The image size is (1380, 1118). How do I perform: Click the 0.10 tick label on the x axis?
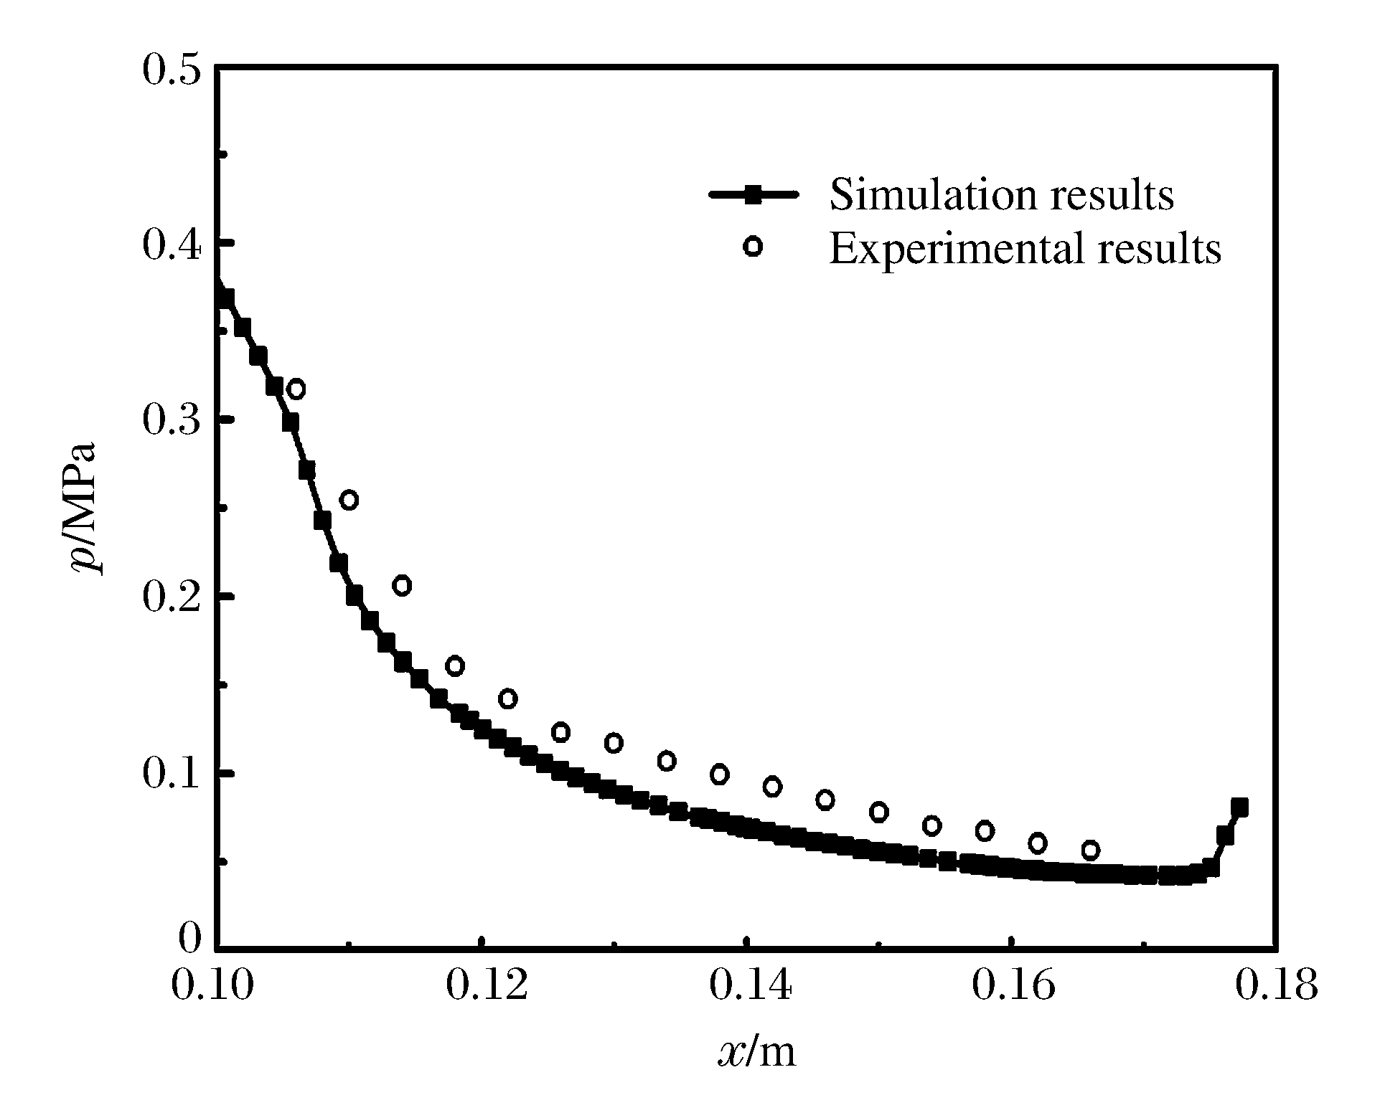[x=213, y=987]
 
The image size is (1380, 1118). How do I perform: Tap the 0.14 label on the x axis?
[x=750, y=987]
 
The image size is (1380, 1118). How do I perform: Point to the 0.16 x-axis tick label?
[x=1013, y=987]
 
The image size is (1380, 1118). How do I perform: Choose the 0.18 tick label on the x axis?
[x=1277, y=987]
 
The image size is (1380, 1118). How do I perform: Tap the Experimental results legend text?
[x=1025, y=248]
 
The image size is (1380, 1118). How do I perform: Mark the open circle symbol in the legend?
[x=752, y=247]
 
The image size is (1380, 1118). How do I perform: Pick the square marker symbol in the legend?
[x=752, y=194]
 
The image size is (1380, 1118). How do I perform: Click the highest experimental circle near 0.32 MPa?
[x=296, y=389]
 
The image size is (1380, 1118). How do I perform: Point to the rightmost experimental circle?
[x=1090, y=851]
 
